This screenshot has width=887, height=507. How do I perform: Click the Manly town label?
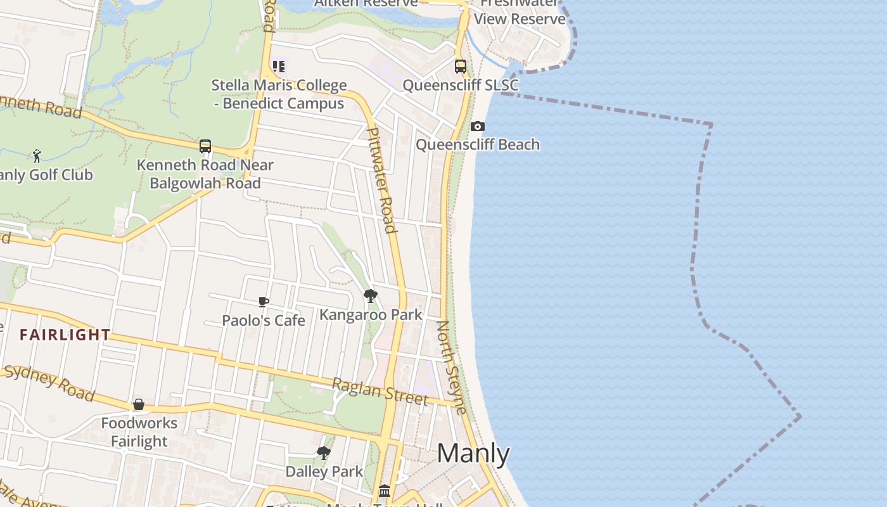coord(473,454)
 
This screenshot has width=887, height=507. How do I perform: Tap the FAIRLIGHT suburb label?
coord(65,335)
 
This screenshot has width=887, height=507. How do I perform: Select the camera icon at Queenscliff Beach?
coord(478,127)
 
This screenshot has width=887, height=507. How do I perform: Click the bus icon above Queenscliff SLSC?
coord(461,66)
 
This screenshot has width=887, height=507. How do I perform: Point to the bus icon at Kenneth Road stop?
coord(205,146)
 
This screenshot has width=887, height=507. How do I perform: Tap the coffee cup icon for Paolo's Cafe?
coord(264,302)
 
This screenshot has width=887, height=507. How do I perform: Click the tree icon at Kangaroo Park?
coord(371,296)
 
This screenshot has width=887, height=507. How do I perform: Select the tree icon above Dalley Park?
coord(324,452)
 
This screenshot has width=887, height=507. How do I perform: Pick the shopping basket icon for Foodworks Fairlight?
coord(139,404)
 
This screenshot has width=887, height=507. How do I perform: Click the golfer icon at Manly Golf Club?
coord(37,156)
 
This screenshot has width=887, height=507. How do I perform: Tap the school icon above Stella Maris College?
coord(279,66)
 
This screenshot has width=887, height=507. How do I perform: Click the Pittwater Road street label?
coord(381,181)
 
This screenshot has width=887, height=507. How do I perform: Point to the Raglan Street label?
coord(380,390)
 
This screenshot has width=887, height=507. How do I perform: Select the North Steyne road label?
coord(452,367)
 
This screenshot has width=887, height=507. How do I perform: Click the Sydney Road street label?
coord(49,383)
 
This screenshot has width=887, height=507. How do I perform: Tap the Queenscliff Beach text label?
coord(478,145)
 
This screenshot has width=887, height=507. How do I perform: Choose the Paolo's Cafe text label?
coord(264,321)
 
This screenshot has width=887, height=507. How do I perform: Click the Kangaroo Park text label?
coord(371,314)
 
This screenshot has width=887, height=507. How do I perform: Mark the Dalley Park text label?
coord(324,472)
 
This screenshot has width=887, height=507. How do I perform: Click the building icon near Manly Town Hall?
coord(385,491)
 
